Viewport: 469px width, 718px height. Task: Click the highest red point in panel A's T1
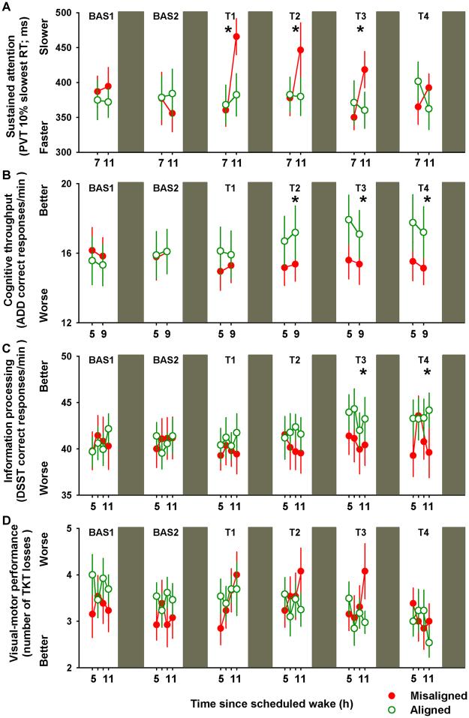[236, 37]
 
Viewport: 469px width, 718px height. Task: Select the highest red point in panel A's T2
[300, 50]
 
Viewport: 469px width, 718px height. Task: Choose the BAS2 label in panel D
[165, 533]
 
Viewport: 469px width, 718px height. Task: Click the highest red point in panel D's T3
[365, 571]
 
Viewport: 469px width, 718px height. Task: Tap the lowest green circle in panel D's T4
[428, 642]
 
